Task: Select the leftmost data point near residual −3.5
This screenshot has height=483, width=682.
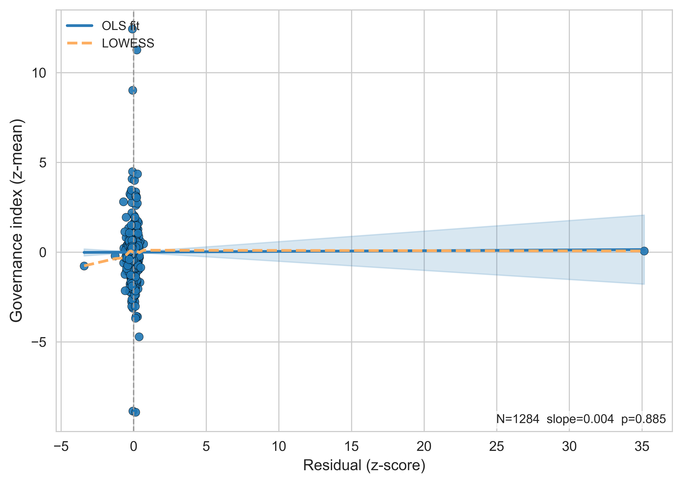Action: pos(84,266)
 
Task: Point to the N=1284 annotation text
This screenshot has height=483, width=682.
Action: pos(517,419)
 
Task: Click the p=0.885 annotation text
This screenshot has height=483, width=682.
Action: pos(643,419)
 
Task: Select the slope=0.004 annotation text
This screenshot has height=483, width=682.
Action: pos(580,419)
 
